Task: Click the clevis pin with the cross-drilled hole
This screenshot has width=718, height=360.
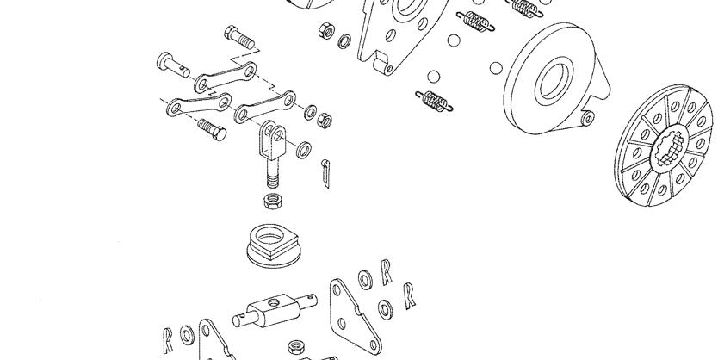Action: [173, 65]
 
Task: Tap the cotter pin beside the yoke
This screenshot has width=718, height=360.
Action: [325, 173]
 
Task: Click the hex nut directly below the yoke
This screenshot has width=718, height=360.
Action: [274, 201]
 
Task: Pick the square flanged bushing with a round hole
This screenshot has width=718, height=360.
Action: [273, 245]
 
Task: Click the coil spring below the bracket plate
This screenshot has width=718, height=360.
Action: [434, 102]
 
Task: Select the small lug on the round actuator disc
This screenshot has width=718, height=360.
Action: [587, 119]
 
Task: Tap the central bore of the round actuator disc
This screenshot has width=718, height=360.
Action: [554, 82]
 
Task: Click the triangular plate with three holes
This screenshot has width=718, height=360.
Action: [355, 316]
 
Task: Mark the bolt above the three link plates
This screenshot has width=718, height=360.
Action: [239, 37]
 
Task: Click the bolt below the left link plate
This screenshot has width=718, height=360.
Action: [212, 128]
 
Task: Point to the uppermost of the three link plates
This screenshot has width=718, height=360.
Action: [225, 77]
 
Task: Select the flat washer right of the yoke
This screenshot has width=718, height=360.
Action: [304, 150]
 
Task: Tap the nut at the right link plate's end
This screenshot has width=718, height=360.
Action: [325, 121]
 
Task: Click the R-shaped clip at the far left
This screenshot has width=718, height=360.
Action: [168, 340]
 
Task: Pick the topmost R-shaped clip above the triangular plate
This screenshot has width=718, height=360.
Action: [387, 271]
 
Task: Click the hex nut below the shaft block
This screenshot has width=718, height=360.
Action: [298, 347]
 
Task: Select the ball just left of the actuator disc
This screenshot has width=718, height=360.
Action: [496, 68]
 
